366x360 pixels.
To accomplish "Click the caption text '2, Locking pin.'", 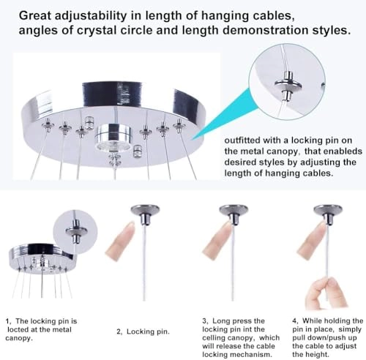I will (145, 331).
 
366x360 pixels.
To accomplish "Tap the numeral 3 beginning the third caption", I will (203, 320).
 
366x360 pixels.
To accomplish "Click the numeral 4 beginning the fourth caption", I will (294, 320).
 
